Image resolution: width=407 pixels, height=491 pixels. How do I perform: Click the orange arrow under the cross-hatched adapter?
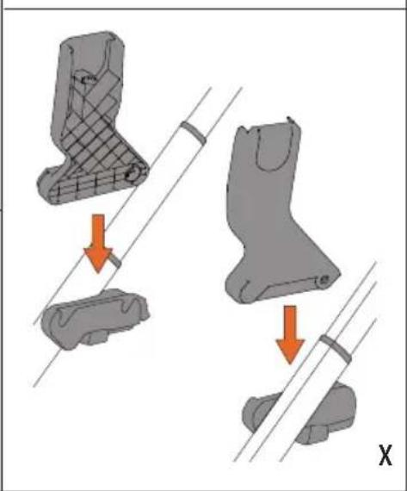98,243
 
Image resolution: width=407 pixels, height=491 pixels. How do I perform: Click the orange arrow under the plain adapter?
290,334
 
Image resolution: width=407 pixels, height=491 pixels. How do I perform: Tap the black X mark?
385,456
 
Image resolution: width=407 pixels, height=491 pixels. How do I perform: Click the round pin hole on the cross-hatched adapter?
133,174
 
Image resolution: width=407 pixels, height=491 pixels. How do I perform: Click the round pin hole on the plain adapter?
324,279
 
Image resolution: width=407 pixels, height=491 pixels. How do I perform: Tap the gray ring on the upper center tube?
193,133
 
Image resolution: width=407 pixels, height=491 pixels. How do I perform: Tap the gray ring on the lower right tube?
336,348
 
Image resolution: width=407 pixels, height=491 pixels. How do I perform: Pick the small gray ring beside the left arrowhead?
115,260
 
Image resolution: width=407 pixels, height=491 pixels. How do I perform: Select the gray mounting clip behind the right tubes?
300,413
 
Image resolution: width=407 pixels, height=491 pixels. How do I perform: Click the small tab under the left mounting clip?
96,338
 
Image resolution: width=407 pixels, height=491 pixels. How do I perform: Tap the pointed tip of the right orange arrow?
290,364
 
